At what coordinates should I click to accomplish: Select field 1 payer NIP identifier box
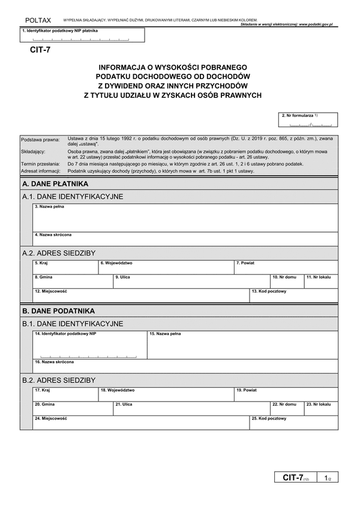point(82,36)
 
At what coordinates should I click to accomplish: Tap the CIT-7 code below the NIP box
point(40,50)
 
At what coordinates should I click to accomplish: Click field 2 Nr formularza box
point(308,121)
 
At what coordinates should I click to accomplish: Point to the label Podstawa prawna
point(40,139)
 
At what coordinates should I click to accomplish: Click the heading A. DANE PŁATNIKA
point(55,183)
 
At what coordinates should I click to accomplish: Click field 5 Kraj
point(65,267)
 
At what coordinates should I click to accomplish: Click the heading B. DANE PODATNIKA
point(58,311)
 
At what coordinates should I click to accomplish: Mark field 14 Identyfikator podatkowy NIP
point(90,345)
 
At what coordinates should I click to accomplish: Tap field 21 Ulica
point(191,408)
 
